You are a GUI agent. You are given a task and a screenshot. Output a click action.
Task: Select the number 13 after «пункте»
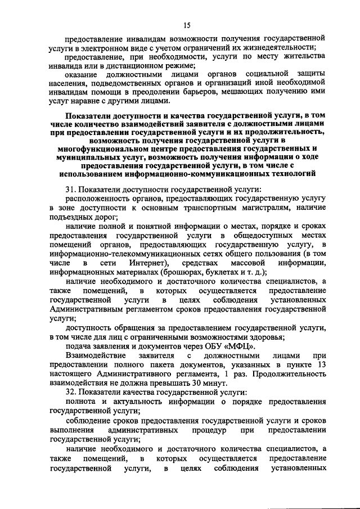click(322, 364)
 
